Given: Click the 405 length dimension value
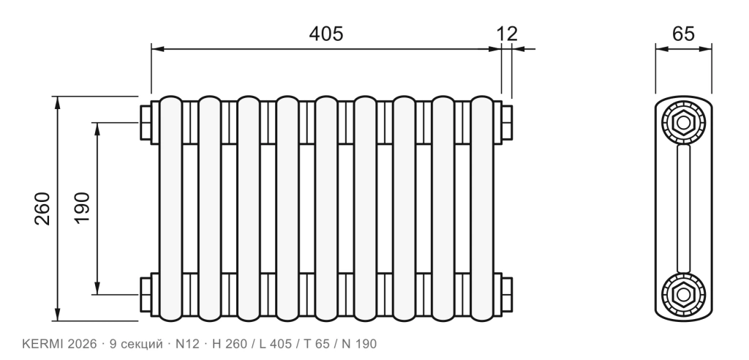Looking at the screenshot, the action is tap(326, 34).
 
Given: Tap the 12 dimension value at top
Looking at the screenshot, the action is tap(507, 34).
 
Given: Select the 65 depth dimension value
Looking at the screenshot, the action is tap(683, 34).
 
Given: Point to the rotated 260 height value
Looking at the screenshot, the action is tap(42, 209).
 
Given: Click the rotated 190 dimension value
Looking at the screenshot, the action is tap(82, 208).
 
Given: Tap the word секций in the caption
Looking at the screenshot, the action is tap(143, 344).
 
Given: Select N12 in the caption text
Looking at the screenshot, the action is tap(187, 344).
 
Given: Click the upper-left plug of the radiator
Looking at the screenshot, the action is tap(146, 122).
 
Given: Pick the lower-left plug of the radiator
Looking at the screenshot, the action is tap(146, 294).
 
